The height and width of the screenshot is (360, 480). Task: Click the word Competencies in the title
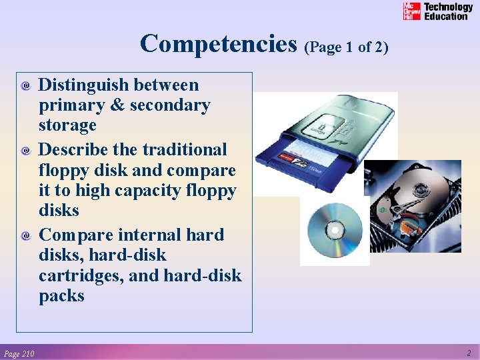tap(218, 44)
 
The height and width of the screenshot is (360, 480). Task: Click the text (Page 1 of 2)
tap(345, 47)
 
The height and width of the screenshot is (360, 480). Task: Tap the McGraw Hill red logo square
tap(411, 11)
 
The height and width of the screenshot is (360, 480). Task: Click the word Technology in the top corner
tap(448, 7)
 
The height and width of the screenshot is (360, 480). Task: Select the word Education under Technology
tap(446, 16)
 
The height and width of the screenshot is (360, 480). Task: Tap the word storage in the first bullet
tap(67, 125)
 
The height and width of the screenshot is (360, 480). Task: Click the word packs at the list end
tap(61, 296)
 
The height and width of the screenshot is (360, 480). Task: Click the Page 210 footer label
tap(19, 353)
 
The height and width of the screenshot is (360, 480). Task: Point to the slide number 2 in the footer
tap(469, 353)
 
